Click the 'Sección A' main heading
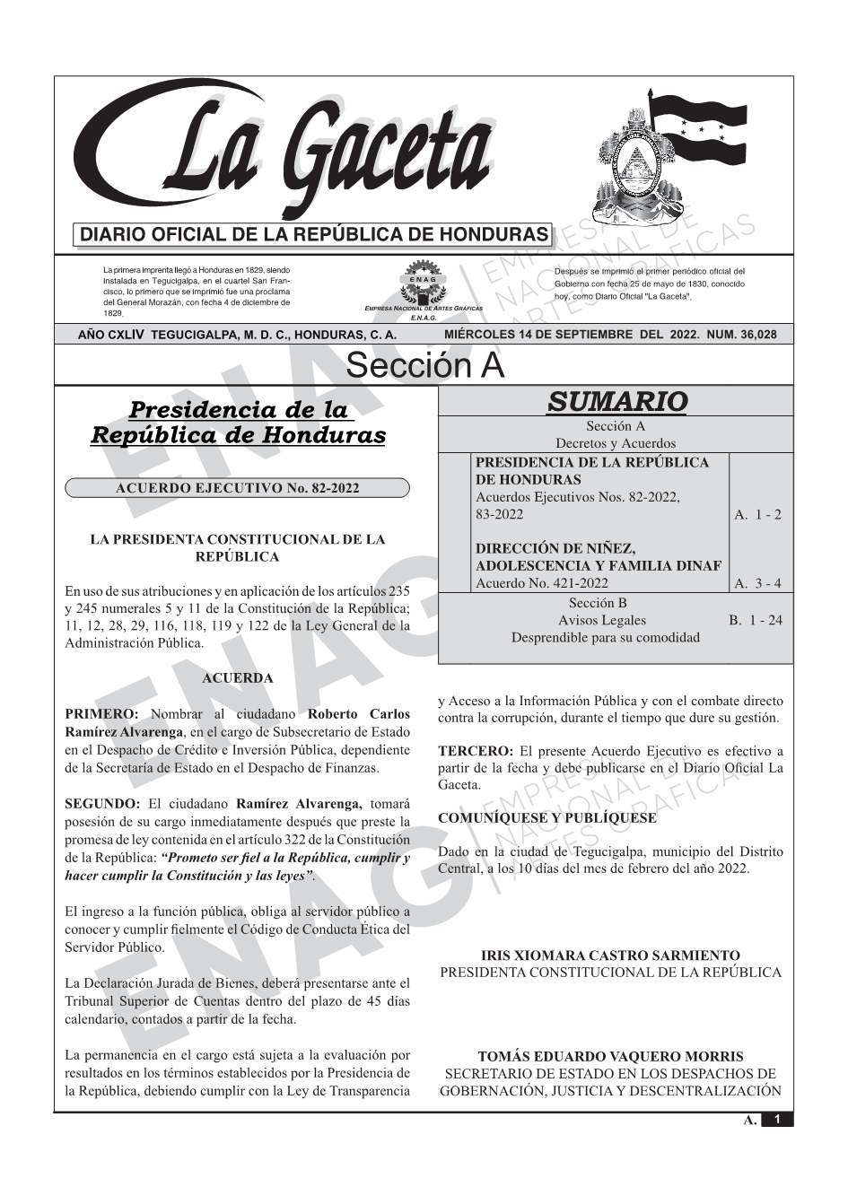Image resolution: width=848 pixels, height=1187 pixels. click(424, 366)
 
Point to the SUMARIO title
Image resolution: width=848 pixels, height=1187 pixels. click(616, 401)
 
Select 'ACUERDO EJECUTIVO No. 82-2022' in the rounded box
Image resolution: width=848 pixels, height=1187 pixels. click(238, 488)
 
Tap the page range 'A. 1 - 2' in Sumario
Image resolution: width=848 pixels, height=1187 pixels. click(757, 514)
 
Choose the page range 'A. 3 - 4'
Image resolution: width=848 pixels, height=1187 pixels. click(757, 583)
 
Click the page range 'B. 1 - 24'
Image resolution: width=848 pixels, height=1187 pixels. click(756, 620)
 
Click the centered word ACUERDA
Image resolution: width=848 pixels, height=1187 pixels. click(237, 678)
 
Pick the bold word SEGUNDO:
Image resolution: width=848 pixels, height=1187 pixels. click(102, 804)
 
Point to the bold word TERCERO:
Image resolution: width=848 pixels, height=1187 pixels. click(476, 751)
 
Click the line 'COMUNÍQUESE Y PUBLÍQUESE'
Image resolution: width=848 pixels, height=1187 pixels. click(547, 818)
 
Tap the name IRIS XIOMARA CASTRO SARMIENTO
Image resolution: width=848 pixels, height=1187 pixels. click(610, 956)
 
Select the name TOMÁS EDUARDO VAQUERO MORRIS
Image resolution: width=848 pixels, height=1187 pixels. click(610, 1057)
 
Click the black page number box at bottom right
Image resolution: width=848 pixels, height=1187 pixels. click(777, 1120)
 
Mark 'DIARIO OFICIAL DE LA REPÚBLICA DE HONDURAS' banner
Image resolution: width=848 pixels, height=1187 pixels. click(314, 235)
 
